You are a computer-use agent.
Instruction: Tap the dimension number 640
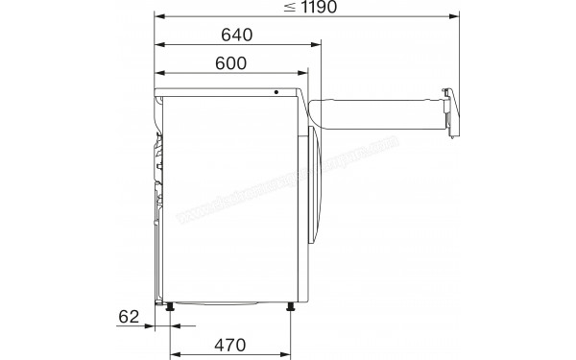pyautogui.click(x=236, y=36)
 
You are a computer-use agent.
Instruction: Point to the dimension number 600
pyautogui.click(x=231, y=63)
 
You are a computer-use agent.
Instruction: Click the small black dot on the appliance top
pyautogui.click(x=276, y=93)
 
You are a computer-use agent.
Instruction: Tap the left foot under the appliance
pyautogui.click(x=171, y=307)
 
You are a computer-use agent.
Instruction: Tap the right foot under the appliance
pyautogui.click(x=291, y=307)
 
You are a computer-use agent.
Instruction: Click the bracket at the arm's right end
pyautogui.click(x=449, y=110)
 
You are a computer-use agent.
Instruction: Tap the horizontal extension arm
pyautogui.click(x=379, y=110)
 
